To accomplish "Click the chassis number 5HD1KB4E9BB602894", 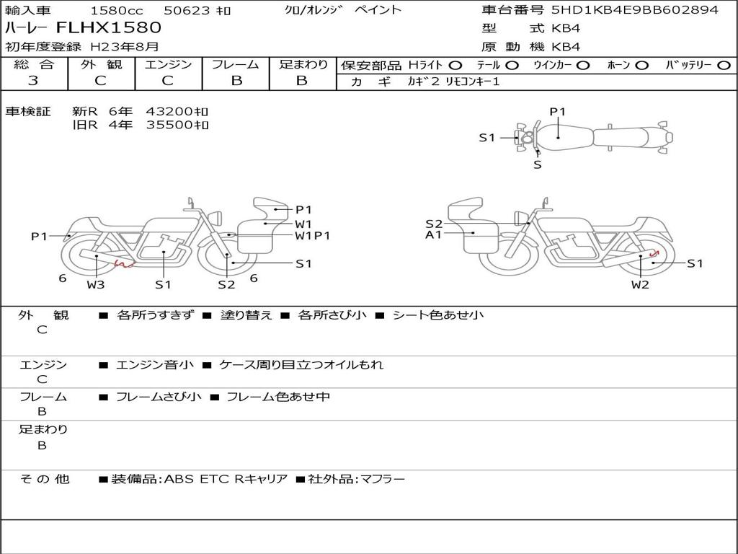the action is point(635,9).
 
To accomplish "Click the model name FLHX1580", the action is point(109,27).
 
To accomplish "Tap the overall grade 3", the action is point(33,81).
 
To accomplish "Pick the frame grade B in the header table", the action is point(236,81).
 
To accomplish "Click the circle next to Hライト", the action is point(455,66).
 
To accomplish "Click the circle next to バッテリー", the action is point(724,66).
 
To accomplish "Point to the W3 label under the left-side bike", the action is point(96,284).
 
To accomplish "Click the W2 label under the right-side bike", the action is point(640,284).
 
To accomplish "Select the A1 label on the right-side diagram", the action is point(433,234).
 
